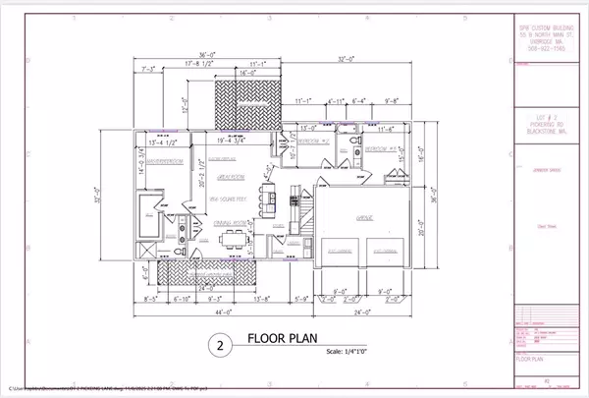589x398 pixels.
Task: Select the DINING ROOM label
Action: pos(229,224)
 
